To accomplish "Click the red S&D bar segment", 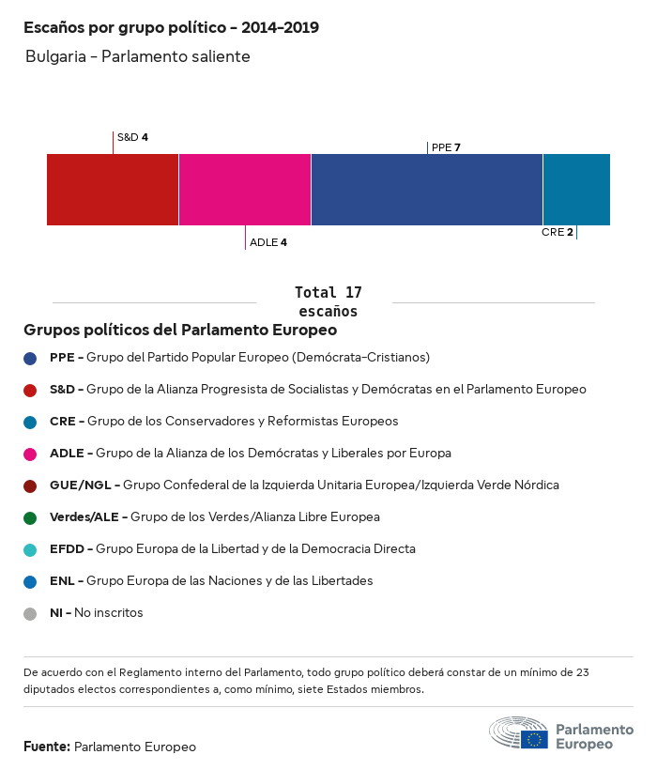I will point(113,189).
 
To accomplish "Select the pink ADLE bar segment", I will point(244,189).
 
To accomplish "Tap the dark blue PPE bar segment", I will point(426,189).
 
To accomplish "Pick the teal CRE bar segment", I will point(576,189).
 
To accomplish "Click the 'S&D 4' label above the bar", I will point(132,137).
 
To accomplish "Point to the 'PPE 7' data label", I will point(446,147).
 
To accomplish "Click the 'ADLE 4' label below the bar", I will point(268,242).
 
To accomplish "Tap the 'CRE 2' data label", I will point(557,232).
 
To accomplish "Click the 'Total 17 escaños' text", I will point(328,301).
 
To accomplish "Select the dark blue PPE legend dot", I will point(30,358).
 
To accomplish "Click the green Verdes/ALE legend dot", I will point(30,517).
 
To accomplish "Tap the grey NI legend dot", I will point(30,613).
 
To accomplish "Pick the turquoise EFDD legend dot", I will point(30,549).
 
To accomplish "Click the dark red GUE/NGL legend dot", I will point(30,485).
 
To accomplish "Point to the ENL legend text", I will point(211,581).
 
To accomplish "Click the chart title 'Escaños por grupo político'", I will point(171,28).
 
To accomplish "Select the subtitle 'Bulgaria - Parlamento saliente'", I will point(138,57).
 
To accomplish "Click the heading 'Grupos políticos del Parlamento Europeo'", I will point(180,331).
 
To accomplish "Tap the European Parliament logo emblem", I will point(518,732).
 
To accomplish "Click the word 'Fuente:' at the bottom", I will point(47,747).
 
